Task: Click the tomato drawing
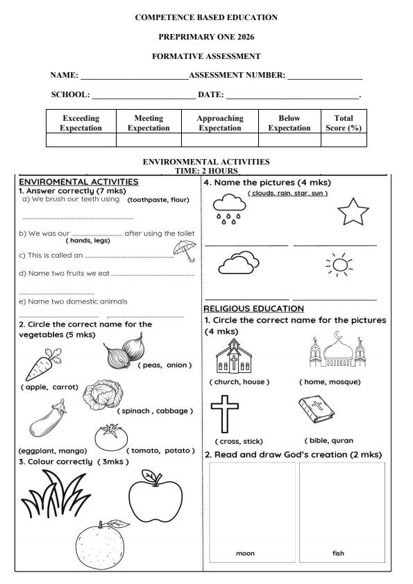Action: coord(111,437)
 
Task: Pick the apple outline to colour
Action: coord(155,495)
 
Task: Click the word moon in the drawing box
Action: coord(245,553)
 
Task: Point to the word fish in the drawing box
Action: coord(339,553)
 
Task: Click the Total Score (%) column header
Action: coord(343,123)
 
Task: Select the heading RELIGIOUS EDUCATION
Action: coord(253,308)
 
